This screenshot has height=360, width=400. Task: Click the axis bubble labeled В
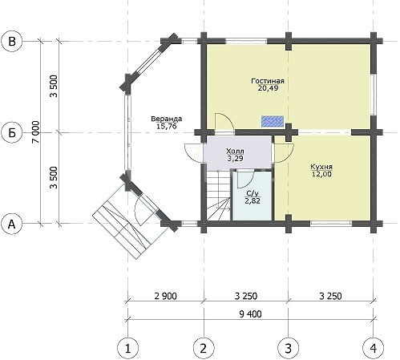[12, 42]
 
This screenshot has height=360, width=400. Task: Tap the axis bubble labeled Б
[12, 132]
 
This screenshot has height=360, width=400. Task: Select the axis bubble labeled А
[12, 224]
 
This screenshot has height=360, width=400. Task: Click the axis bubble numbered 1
[127, 348]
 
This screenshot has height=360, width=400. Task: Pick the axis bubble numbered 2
[204, 348]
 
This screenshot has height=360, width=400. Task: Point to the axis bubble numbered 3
[289, 348]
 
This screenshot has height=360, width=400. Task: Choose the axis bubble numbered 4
[374, 348]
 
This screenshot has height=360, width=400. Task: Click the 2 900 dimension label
[166, 296]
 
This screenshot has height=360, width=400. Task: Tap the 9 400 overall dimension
[250, 314]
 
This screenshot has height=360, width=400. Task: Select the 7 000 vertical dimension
[36, 131]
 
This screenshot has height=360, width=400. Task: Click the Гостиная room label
[268, 81]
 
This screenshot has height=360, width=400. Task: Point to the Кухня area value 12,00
[321, 174]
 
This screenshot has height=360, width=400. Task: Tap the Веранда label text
[167, 119]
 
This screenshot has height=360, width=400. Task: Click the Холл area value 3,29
[235, 159]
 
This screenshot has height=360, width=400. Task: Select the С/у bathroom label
[253, 193]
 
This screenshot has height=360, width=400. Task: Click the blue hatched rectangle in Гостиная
[273, 121]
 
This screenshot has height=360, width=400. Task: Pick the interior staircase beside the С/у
[218, 196]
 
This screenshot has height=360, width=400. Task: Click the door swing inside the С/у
[245, 179]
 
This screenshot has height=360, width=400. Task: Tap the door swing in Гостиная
[224, 123]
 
